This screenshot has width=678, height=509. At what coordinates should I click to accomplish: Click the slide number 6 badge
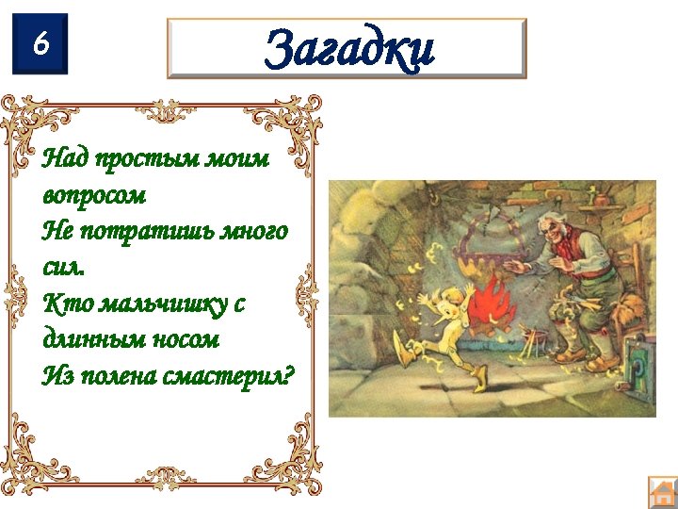[x=40, y=43]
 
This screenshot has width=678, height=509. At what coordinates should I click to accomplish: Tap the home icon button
[x=663, y=492]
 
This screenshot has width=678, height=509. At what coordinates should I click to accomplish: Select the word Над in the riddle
[x=63, y=159]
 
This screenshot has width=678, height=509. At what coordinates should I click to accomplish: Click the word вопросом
[x=94, y=196]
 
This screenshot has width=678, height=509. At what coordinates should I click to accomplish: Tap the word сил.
[x=63, y=267]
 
